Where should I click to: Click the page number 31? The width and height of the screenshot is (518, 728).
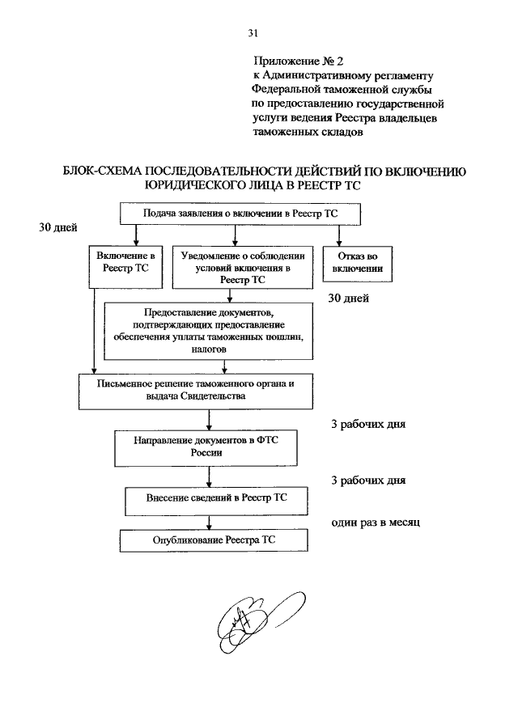pyautogui.click(x=253, y=33)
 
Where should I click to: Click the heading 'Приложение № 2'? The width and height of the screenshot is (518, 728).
pyautogui.click(x=299, y=61)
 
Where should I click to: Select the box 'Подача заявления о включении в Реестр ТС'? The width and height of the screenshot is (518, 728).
pyautogui.click(x=240, y=214)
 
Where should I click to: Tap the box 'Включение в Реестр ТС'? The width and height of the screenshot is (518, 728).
pyautogui.click(x=126, y=268)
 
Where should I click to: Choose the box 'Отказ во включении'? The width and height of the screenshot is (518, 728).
pyautogui.click(x=357, y=264)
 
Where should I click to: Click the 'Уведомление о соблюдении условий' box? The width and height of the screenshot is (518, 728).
pyautogui.click(x=243, y=268)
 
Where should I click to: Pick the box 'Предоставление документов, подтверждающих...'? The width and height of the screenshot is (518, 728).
pyautogui.click(x=209, y=331)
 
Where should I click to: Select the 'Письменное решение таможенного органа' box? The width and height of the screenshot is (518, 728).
pyautogui.click(x=196, y=392)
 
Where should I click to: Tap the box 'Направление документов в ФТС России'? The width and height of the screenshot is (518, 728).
pyautogui.click(x=206, y=448)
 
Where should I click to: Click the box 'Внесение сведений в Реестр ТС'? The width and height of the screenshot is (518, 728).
pyautogui.click(x=216, y=501)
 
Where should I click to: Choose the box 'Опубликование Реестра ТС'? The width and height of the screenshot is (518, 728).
pyautogui.click(x=214, y=541)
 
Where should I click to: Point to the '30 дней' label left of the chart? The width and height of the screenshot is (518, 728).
pyautogui.click(x=58, y=227)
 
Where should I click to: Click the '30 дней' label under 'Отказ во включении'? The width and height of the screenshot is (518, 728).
pyautogui.click(x=348, y=298)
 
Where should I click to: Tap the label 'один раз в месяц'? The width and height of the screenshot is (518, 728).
pyautogui.click(x=376, y=523)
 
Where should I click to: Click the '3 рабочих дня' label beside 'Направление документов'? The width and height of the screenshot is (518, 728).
pyautogui.click(x=368, y=425)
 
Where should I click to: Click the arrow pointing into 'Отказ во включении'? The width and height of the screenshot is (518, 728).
pyautogui.click(x=338, y=236)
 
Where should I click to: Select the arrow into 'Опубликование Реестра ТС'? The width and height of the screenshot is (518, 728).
pyautogui.click(x=209, y=523)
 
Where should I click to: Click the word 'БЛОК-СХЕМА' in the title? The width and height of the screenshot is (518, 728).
pyautogui.click(x=100, y=171)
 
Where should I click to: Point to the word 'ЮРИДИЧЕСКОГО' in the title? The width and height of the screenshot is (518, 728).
pyautogui.click(x=191, y=185)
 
